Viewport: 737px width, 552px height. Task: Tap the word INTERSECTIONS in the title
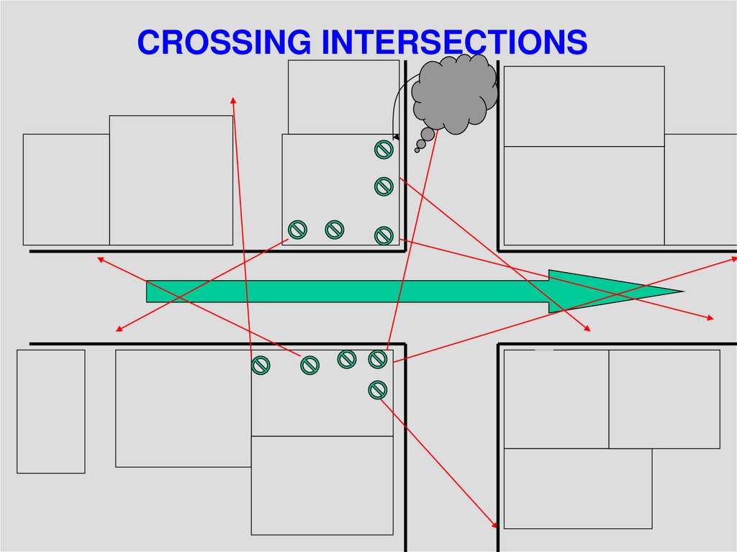(454, 42)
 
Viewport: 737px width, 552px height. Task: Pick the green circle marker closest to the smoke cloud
(384, 150)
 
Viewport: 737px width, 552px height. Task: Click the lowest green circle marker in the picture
(378, 390)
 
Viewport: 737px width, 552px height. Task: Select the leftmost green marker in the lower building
(261, 365)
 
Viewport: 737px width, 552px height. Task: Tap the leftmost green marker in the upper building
(297, 230)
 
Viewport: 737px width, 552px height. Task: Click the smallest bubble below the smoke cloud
(417, 150)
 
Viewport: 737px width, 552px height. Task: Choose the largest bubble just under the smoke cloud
(428, 135)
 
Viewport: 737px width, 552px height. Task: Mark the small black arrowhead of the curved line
(396, 136)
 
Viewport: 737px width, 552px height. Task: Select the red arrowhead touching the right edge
(732, 256)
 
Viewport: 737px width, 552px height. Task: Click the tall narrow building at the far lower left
(50, 411)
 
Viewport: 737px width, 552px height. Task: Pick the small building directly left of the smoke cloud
(343, 96)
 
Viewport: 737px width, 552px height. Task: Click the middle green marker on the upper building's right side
(384, 186)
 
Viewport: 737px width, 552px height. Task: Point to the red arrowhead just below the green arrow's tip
(710, 317)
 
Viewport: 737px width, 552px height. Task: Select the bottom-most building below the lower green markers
(322, 485)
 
